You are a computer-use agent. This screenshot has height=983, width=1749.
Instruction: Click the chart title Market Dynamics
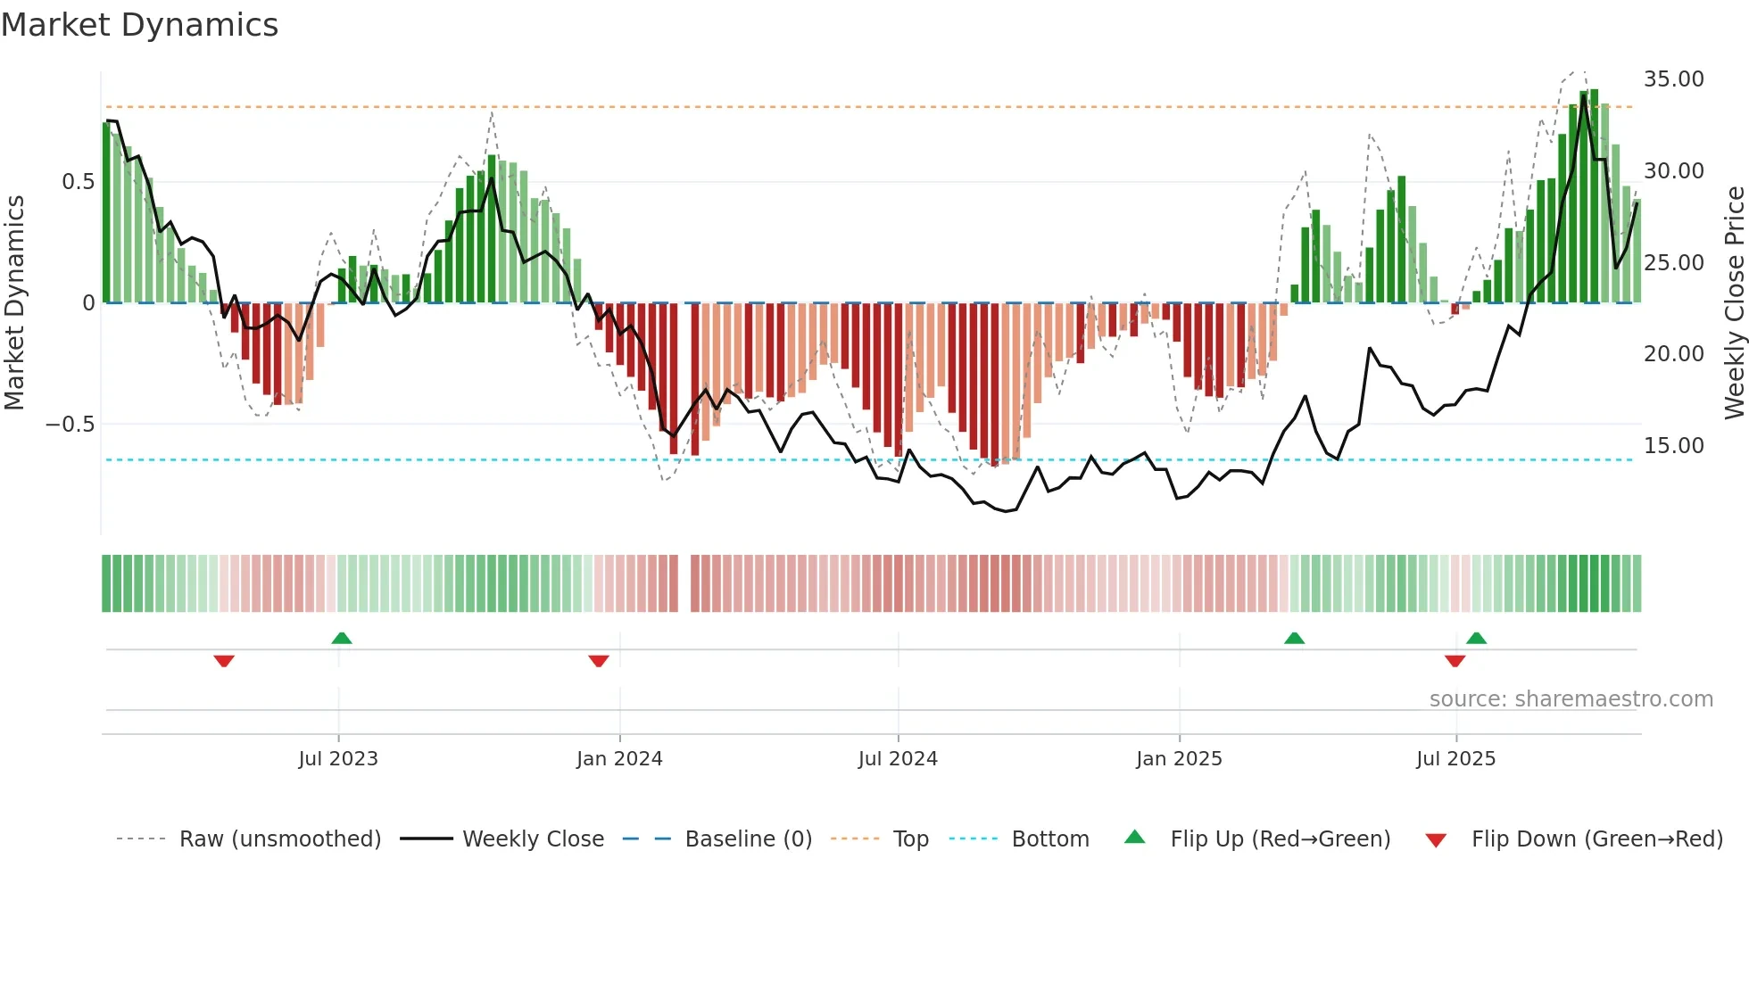(x=139, y=25)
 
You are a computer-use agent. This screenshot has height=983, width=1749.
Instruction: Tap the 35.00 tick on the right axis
(x=1673, y=79)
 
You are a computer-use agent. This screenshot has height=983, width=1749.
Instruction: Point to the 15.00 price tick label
(x=1673, y=446)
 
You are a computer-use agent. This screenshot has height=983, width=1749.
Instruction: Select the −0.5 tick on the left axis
(x=70, y=425)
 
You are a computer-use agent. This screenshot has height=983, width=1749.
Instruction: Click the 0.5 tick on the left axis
(x=78, y=182)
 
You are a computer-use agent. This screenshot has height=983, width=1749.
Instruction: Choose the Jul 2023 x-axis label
(x=338, y=759)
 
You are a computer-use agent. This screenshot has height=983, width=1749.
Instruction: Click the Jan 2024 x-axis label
(x=619, y=759)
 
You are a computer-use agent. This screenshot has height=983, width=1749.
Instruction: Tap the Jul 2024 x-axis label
(x=898, y=759)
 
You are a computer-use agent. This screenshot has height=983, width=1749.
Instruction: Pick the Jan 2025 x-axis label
(x=1179, y=759)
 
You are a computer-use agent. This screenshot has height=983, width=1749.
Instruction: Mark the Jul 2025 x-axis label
(x=1455, y=759)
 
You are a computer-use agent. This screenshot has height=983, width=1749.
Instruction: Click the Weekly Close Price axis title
(x=1734, y=303)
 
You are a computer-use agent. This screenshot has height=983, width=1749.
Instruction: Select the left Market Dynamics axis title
(x=14, y=303)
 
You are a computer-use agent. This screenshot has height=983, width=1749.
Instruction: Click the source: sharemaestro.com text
(x=1571, y=699)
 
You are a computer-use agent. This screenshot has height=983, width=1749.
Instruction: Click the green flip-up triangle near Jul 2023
(x=341, y=638)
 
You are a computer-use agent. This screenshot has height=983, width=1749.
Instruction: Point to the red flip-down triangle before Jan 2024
(x=599, y=661)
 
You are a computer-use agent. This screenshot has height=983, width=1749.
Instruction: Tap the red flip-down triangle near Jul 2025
(x=1455, y=661)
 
